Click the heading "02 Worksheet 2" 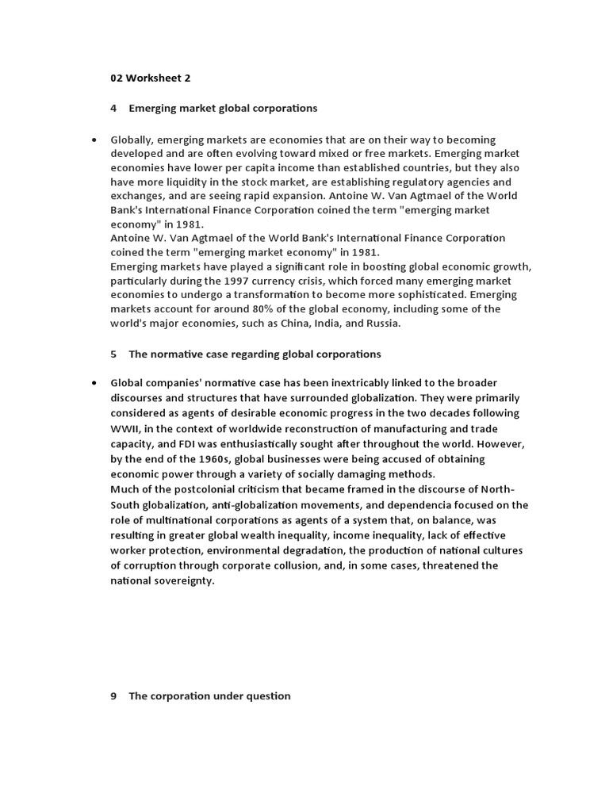(150, 78)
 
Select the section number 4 (113, 108)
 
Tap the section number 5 (113, 354)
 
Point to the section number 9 (113, 695)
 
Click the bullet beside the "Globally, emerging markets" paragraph (94, 140)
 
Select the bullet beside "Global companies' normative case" (94, 383)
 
